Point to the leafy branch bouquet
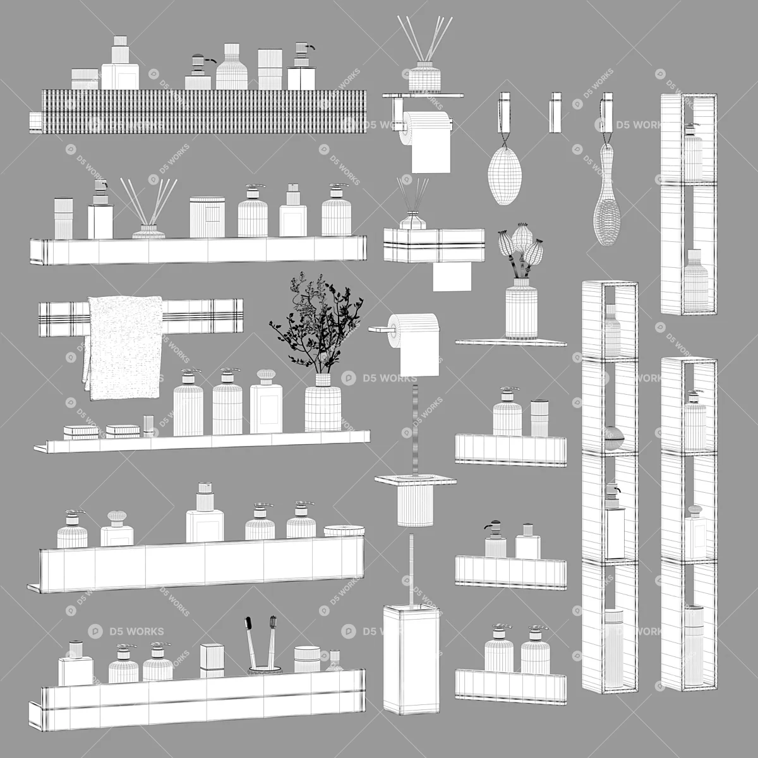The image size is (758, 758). [x=316, y=323]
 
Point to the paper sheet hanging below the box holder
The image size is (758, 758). [x=452, y=277]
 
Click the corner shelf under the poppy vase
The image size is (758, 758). [x=511, y=342]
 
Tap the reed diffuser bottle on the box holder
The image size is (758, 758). [x=413, y=222]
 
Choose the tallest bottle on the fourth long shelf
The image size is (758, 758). [x=205, y=512]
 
